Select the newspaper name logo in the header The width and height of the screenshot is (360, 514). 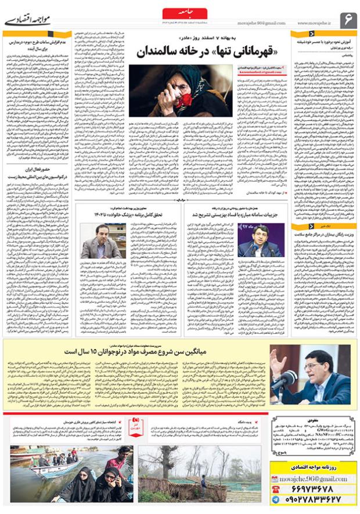pos(28,19)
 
